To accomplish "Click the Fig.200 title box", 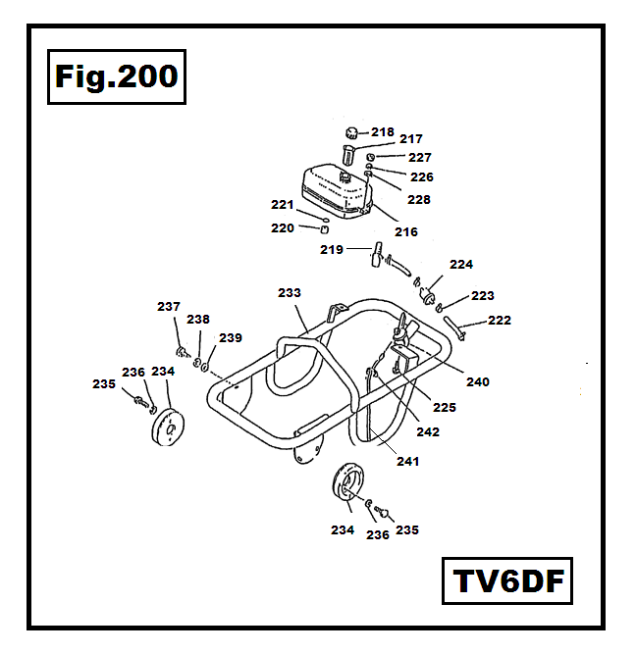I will (116, 75).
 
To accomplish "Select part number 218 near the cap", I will (382, 131).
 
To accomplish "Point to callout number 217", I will (410, 140).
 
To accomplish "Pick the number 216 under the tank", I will (405, 232).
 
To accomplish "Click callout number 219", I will (331, 250).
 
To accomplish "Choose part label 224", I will (461, 265).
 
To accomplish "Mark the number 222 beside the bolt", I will (500, 320).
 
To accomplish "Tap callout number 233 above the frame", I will (290, 292).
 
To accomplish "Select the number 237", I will (169, 307).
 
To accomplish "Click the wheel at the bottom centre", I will (349, 485).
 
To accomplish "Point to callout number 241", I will (406, 461).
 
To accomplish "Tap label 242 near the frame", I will (428, 431).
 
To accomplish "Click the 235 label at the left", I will (104, 384).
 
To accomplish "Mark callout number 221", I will (283, 205).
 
